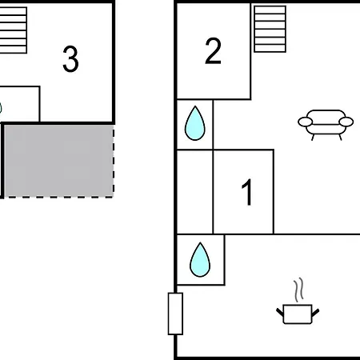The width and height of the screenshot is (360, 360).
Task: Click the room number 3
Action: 70,59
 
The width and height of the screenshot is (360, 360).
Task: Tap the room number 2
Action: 213,50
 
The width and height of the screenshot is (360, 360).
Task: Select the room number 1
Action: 247,192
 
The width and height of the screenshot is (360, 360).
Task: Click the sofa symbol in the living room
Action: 326,124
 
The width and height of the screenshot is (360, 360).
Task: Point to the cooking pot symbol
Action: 298,314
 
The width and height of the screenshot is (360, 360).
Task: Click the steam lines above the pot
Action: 299,290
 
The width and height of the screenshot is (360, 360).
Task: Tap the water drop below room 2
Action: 195,123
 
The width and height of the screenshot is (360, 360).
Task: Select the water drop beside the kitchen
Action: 200,259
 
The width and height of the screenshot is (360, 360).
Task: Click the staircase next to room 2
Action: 270,29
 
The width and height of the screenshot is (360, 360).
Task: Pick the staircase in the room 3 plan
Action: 13,30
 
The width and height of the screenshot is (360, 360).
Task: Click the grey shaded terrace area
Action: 58,161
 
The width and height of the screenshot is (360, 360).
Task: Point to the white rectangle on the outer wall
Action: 175,314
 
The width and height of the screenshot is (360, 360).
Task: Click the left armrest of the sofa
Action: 306,122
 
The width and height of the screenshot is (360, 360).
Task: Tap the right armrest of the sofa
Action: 346,122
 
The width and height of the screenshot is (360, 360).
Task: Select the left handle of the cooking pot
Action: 280,312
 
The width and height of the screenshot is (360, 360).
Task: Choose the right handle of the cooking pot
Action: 315,312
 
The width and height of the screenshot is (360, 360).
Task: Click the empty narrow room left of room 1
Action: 195,192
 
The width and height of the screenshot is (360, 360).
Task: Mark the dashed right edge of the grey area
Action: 114,162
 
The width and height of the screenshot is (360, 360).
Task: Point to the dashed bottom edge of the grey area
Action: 58,197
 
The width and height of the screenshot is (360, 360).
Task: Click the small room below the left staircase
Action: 20,104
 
